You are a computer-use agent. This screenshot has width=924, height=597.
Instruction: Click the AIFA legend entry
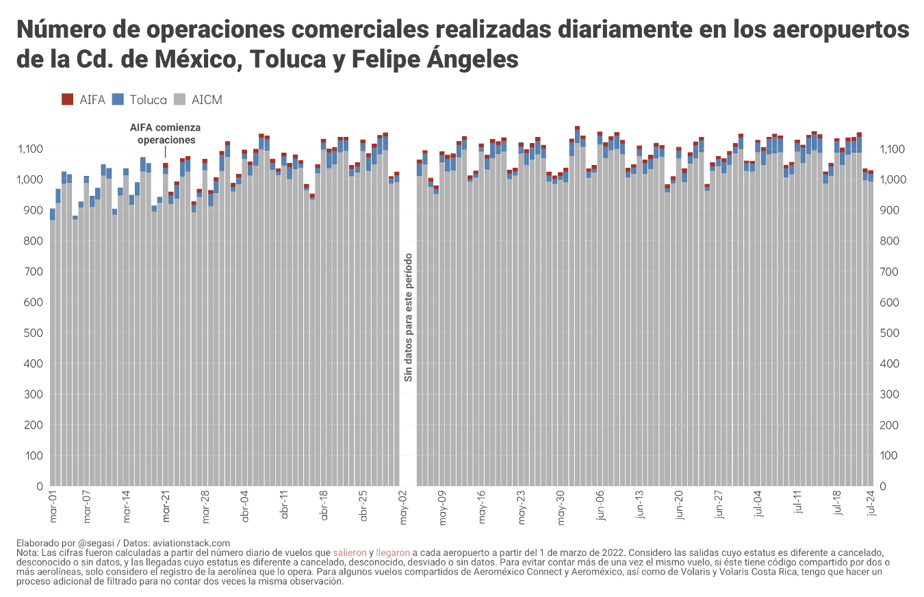coord(84,100)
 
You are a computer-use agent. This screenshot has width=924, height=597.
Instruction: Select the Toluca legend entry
coord(140,100)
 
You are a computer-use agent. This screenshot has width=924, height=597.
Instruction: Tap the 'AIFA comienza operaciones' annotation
coord(166,134)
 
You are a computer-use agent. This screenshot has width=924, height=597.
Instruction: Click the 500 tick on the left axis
coord(34,333)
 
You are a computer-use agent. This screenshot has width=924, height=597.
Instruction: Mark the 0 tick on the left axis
coord(40,486)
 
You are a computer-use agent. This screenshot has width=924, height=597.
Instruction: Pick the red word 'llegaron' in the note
coord(393,552)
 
